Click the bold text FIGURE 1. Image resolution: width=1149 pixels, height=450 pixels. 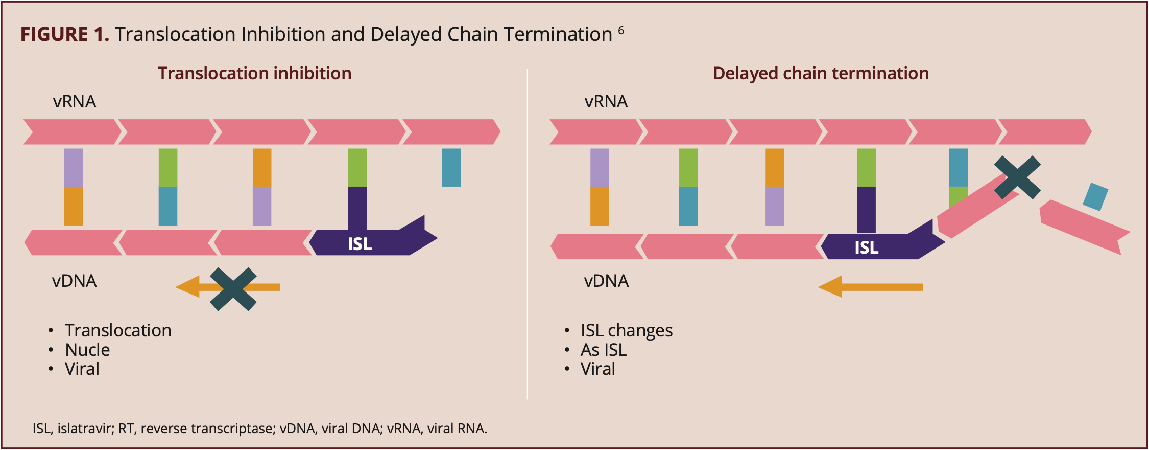coord(65,34)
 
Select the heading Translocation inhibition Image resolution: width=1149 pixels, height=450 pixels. coord(254,73)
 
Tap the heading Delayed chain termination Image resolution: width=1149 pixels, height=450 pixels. coord(821,73)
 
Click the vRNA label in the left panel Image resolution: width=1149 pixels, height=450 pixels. coord(75,101)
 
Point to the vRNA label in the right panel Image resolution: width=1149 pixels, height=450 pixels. coord(606,101)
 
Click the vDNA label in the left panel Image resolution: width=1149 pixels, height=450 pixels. coord(75,281)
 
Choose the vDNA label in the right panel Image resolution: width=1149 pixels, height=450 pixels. coord(607,281)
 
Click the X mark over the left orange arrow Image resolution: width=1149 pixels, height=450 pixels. coord(233,289)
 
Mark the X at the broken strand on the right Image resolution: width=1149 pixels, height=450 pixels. coord(1017,177)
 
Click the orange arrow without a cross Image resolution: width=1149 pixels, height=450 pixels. coord(870,287)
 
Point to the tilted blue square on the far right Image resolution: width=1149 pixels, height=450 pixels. coord(1095,197)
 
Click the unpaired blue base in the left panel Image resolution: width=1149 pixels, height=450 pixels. coord(451,167)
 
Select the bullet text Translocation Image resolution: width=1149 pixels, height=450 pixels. coord(118,330)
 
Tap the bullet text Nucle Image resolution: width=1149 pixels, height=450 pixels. coord(87,350)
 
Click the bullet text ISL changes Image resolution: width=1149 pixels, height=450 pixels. coord(627,330)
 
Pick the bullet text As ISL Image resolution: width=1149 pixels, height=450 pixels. coord(604,350)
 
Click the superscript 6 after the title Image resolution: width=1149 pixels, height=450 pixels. coord(621,30)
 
